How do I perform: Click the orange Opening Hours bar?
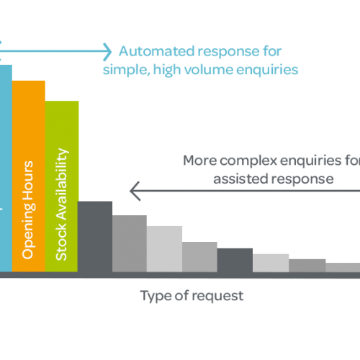pyautogui.click(x=29, y=176)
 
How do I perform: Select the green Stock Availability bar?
pyautogui.click(x=62, y=186)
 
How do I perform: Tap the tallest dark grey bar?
pyautogui.click(x=95, y=237)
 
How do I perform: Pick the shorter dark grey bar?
pyautogui.click(x=235, y=260)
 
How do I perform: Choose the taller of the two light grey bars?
pyautogui.click(x=164, y=249)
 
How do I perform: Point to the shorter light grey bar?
pyautogui.click(x=271, y=263)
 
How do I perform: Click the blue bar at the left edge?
pyautogui.click(x=6, y=168)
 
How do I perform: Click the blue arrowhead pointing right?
pyautogui.click(x=107, y=52)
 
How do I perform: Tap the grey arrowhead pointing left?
pyautogui.click(x=135, y=191)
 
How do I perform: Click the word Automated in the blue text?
pyautogui.click(x=157, y=51)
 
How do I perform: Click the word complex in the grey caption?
pyautogui.click(x=248, y=161)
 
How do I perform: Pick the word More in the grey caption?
pyautogui.click(x=200, y=161)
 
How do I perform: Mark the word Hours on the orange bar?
pyautogui.click(x=28, y=181)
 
